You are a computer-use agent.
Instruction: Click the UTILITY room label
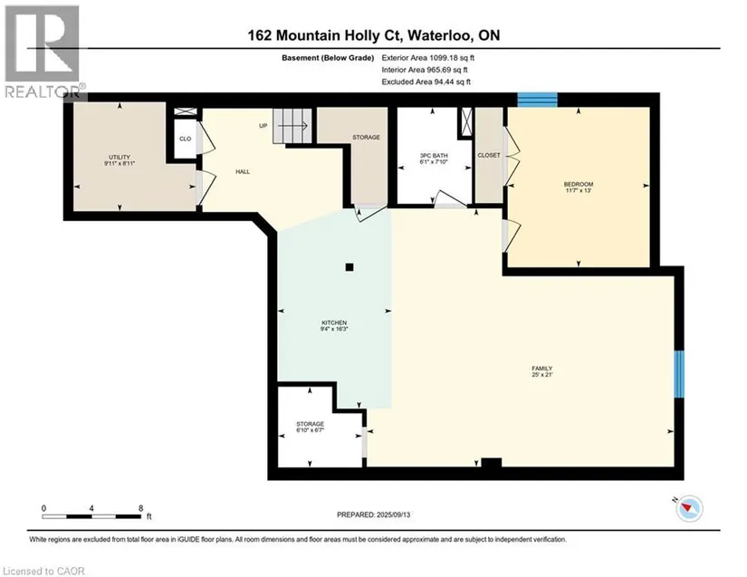coord(120,158)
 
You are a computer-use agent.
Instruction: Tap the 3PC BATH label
coord(434,156)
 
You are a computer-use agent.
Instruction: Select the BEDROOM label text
coord(579,185)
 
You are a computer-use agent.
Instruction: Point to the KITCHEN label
coord(334,322)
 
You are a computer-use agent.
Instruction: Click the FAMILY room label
coord(542,369)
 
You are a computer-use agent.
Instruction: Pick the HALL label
coord(243,171)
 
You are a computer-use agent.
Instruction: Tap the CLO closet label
coord(185,139)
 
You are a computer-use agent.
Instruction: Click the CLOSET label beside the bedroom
coord(489,155)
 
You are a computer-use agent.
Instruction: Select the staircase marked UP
coord(292,126)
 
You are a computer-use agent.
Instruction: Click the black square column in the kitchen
coord(350,267)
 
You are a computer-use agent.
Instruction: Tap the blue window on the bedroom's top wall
coord(537,100)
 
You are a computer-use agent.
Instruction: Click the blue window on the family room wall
coord(679,374)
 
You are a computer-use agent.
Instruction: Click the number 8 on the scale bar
coord(140,508)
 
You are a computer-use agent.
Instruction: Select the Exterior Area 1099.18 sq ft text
coord(427,58)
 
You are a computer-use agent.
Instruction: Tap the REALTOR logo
coord(43,52)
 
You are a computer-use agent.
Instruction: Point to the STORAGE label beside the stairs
coord(367,137)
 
